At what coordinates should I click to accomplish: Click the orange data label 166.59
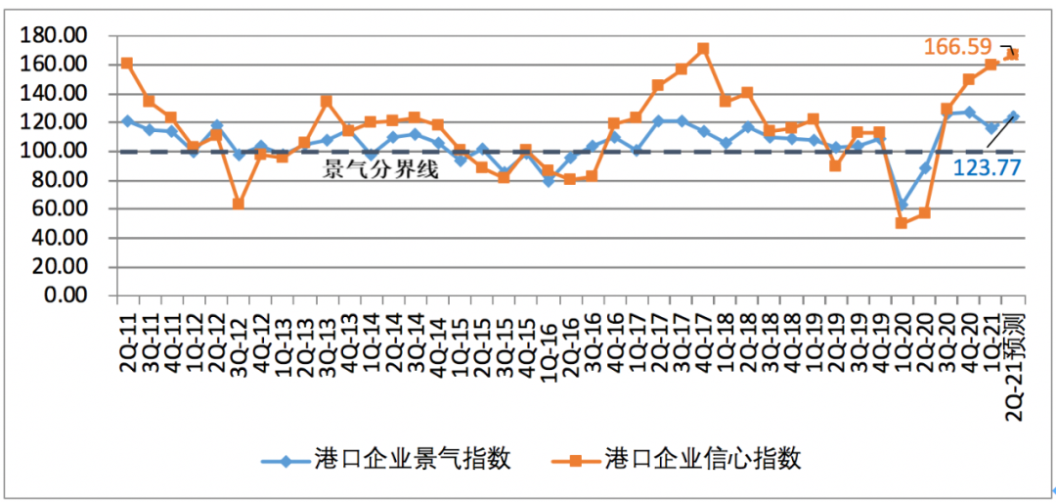957,46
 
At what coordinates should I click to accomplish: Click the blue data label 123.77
988,168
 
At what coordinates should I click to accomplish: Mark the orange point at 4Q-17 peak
702,49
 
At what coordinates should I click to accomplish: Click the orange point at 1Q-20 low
902,223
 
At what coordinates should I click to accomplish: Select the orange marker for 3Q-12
238,204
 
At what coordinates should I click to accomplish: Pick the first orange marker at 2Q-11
127,64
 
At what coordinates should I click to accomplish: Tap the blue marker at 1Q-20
902,204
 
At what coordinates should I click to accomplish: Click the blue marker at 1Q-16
548,181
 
